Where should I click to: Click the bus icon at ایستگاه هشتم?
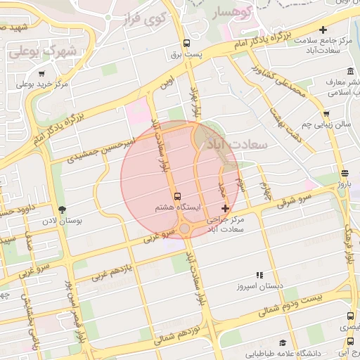tap(176, 196)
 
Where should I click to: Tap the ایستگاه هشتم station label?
tap(178, 209)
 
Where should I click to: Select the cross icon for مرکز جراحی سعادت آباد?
tap(225, 209)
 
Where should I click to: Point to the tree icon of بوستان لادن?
tap(62, 209)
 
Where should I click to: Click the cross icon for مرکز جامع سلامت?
tap(323, 30)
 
